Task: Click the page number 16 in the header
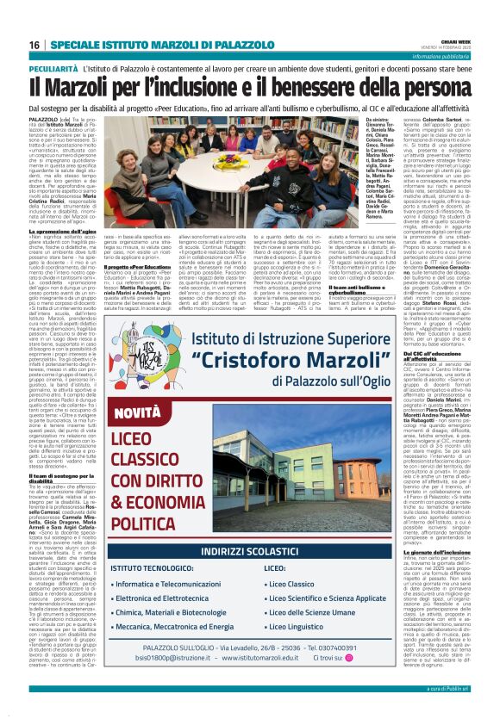(34, 44)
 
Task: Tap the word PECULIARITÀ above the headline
(53, 66)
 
